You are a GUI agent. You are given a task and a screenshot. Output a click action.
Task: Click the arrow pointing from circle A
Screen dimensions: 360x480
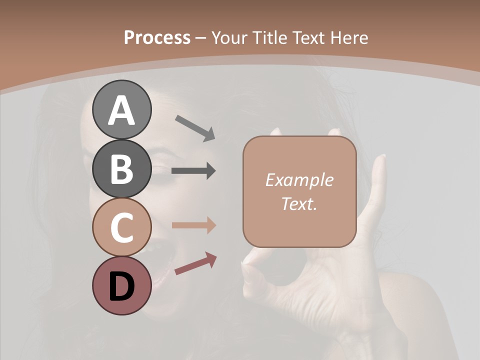[x=195, y=128]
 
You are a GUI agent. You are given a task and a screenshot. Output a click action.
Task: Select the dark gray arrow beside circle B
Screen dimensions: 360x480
[x=193, y=171]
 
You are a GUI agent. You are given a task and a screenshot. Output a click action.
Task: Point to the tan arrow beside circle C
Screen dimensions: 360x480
[x=193, y=225]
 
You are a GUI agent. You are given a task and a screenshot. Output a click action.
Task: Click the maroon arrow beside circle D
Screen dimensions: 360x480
[x=195, y=263]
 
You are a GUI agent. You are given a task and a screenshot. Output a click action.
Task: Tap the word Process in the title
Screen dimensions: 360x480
[x=157, y=38]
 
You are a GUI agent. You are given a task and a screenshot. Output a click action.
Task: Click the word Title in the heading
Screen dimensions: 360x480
[x=268, y=38]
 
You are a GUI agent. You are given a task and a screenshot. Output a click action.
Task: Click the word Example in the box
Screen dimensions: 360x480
[x=299, y=180]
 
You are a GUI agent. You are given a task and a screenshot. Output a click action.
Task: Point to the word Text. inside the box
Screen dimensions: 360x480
[x=299, y=203]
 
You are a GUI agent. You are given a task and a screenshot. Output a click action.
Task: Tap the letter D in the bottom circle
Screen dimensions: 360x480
[x=122, y=286]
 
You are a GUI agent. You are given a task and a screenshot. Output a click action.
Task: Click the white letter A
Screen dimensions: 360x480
[x=122, y=110]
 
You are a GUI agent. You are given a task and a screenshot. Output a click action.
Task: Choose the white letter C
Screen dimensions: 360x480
[x=122, y=227]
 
